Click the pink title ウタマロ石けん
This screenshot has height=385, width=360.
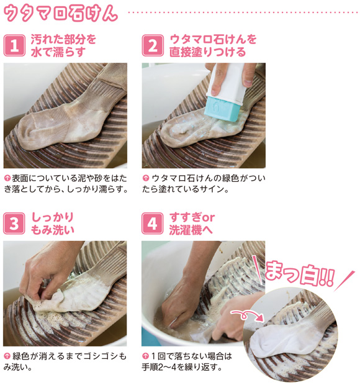pyautogui.click(x=61, y=13)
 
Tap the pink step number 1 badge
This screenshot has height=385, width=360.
pyautogui.click(x=14, y=45)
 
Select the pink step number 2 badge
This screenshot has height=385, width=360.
pyautogui.click(x=153, y=45)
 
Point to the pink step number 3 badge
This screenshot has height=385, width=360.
pyautogui.click(x=14, y=224)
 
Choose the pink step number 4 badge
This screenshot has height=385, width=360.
pyautogui.click(x=153, y=224)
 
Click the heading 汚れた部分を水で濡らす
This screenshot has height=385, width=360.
pyautogui.click(x=63, y=46)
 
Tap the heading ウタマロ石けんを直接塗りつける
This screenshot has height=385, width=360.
pyautogui.click(x=213, y=46)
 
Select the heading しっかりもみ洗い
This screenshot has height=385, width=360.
pyautogui.click(x=53, y=224)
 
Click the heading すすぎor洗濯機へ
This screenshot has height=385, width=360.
pyautogui.click(x=192, y=224)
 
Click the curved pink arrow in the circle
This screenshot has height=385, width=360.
pyautogui.click(x=248, y=314)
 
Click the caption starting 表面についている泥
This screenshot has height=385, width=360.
pyautogui.click(x=66, y=184)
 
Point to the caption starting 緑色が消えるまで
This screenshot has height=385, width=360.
pyautogui.click(x=65, y=361)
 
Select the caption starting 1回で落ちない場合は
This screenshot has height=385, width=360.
pyautogui.click(x=187, y=361)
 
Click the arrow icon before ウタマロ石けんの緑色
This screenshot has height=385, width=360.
pyautogui.click(x=146, y=178)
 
